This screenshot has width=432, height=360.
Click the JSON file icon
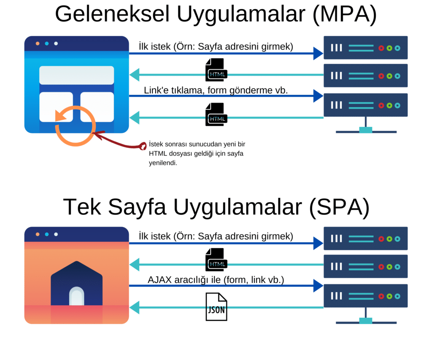pyautogui.click(x=216, y=307)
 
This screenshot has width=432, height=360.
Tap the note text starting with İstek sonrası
pyautogui.click(x=196, y=153)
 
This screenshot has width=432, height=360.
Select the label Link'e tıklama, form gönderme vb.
pyautogui.click(x=216, y=90)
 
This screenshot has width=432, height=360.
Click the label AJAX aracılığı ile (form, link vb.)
pyautogui.click(x=216, y=280)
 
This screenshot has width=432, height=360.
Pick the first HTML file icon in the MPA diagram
pyautogui.click(x=216, y=69)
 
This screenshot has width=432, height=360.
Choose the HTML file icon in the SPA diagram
pyautogui.click(x=216, y=259)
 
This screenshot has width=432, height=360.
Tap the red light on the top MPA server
pyautogui.click(x=381, y=48)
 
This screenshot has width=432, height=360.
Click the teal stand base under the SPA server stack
pyautogui.click(x=366, y=320)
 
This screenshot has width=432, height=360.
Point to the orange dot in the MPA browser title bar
pyautogui.click(x=38, y=43)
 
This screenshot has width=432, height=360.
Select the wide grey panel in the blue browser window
pyautogui.click(x=76, y=75)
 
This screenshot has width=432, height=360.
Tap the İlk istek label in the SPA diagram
pyautogui.click(x=216, y=236)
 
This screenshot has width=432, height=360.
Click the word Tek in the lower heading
pyautogui.click(x=81, y=207)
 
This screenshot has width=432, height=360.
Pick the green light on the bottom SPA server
pyautogui.click(x=389, y=297)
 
